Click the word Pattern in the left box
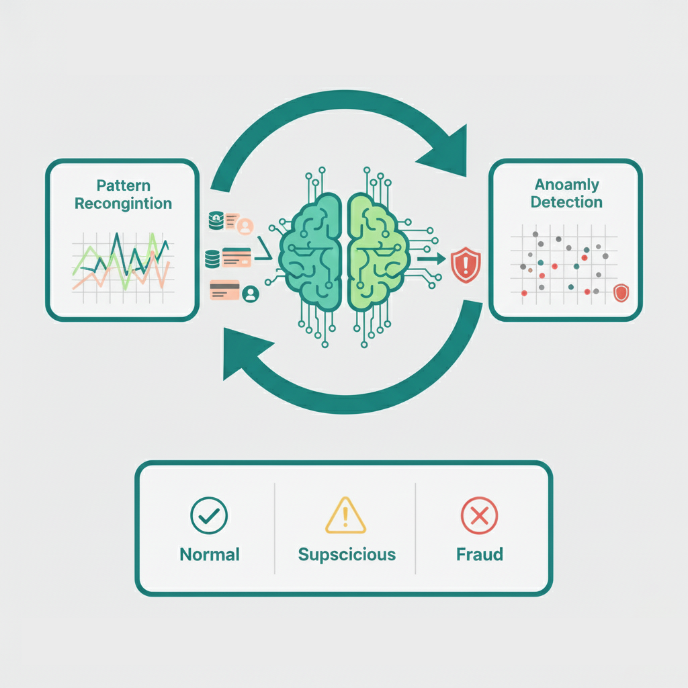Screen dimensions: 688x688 (123, 185)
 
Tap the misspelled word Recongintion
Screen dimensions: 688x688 (123, 203)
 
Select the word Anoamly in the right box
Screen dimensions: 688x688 (566, 184)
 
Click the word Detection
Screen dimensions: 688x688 (566, 202)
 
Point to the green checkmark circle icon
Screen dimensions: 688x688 (210, 515)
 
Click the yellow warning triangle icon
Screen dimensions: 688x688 (345, 516)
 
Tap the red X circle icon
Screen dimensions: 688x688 (479, 515)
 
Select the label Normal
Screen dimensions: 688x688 (210, 554)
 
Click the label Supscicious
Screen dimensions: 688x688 (347, 554)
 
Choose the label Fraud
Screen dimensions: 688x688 (479, 554)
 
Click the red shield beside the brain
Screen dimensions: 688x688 (464, 263)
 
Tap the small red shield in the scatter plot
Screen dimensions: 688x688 (621, 292)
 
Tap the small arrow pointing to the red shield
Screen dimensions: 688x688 (431, 257)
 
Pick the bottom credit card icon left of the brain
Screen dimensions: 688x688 (224, 290)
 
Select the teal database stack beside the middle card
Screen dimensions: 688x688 (212, 257)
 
